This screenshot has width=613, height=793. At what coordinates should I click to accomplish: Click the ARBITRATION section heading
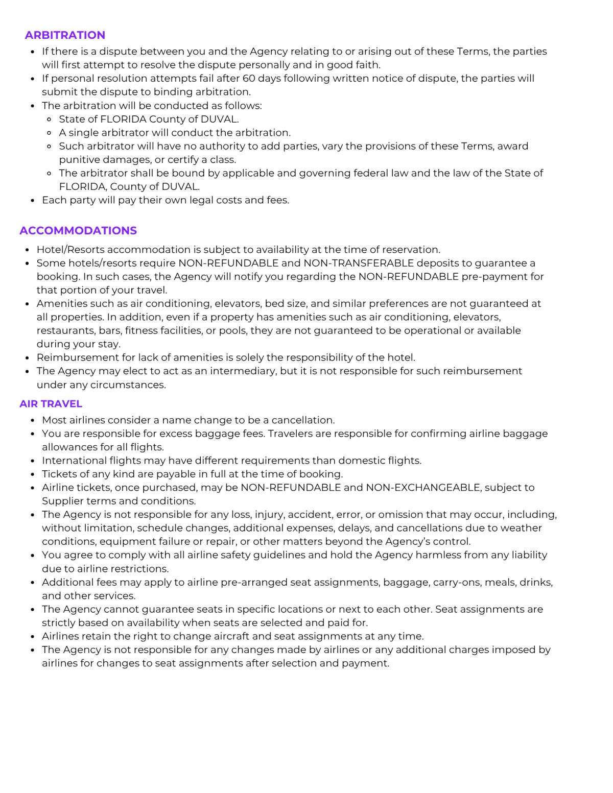coord(65,35)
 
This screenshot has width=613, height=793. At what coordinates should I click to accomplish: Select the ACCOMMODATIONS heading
coord(78,231)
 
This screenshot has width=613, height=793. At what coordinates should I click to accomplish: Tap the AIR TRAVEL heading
coord(51,404)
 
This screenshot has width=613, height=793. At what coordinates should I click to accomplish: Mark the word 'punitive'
coord(80,160)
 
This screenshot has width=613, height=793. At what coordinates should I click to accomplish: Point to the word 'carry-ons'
coord(457,582)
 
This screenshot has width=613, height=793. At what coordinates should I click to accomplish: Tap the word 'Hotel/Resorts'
coord(70,250)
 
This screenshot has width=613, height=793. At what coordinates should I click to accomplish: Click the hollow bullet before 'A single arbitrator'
coord(49,133)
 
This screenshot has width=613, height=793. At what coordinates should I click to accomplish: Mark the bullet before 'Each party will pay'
coord(33,200)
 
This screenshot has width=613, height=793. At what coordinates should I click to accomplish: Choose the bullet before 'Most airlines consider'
coord(33,420)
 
